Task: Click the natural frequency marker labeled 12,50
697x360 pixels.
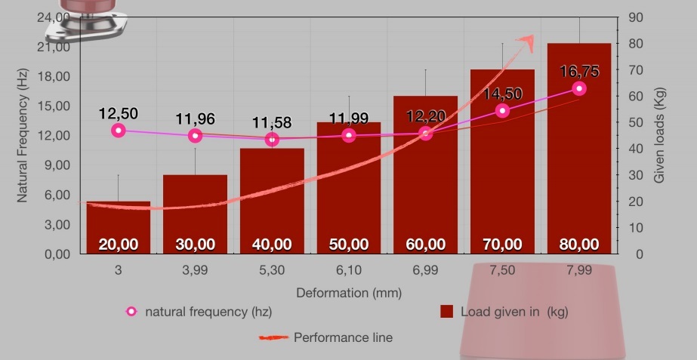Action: (x=118, y=131)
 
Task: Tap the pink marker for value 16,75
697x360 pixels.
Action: (x=579, y=88)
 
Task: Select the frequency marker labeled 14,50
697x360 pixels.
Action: (x=502, y=111)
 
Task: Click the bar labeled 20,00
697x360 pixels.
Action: (x=118, y=227)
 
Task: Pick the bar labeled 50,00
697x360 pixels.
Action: (x=348, y=188)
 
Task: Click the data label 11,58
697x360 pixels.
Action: (x=272, y=122)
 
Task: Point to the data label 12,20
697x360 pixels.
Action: (x=426, y=116)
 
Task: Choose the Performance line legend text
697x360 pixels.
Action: (x=343, y=337)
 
